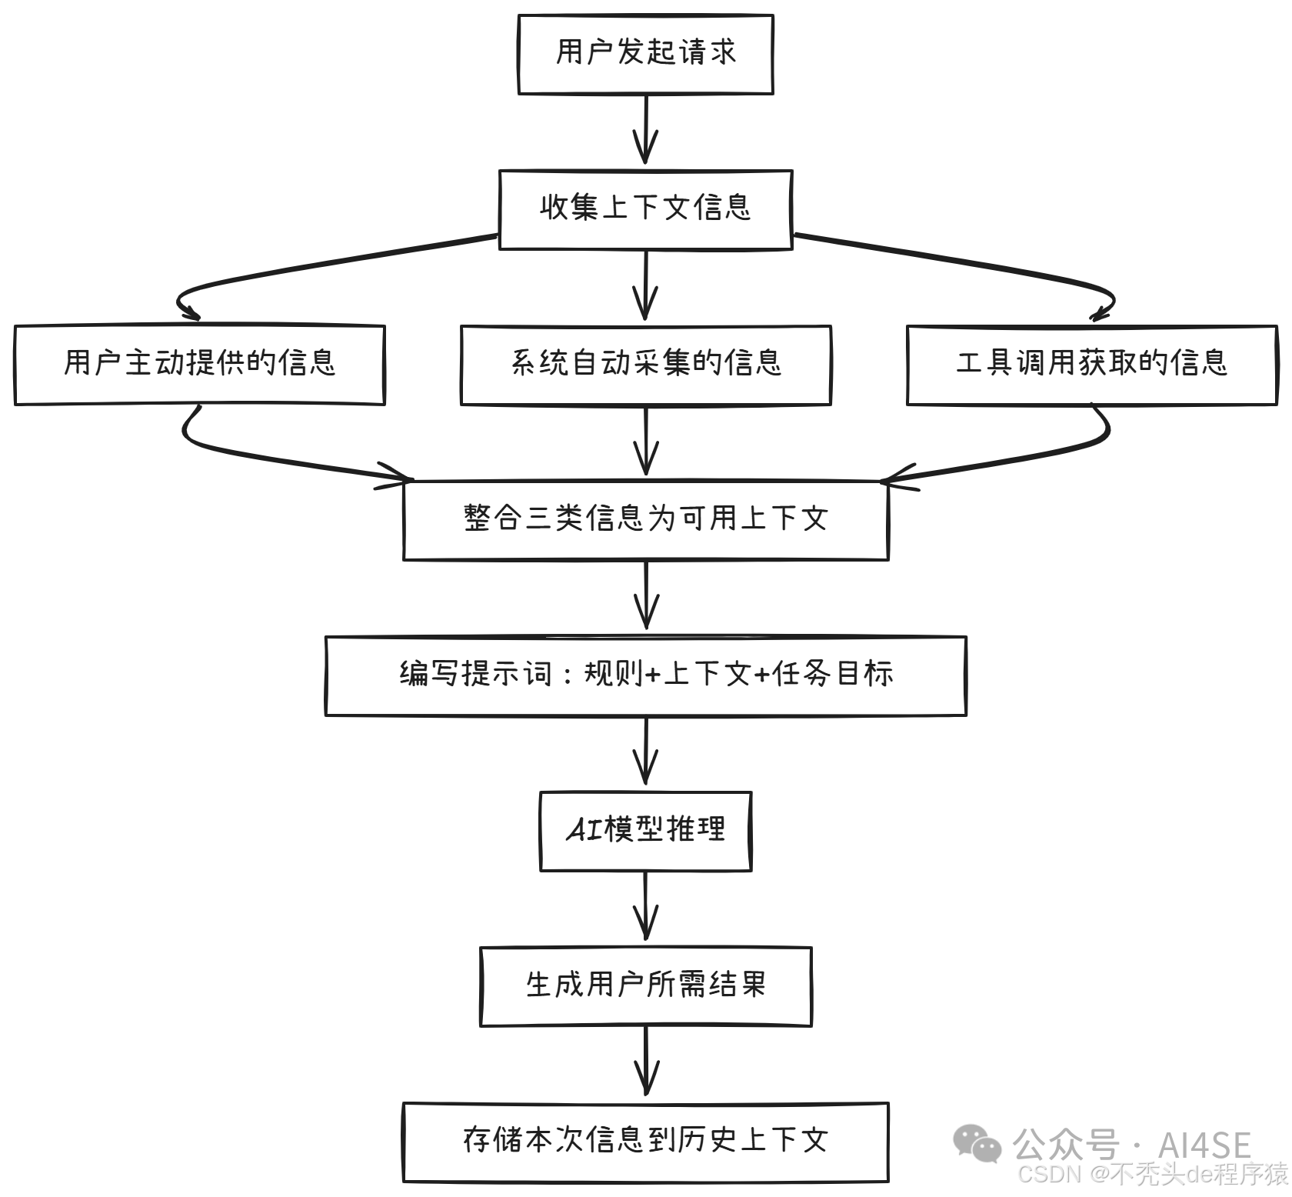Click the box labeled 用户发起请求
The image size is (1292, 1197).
[x=645, y=54]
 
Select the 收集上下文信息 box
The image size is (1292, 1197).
[x=645, y=209]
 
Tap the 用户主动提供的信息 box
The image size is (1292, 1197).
[x=199, y=365]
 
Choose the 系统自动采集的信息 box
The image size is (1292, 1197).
[x=645, y=365]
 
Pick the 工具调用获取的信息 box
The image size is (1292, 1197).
[x=1091, y=365]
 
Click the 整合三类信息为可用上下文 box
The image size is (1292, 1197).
[x=645, y=520]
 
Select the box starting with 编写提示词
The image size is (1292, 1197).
[x=645, y=675]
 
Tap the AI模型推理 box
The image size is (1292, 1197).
[x=645, y=831]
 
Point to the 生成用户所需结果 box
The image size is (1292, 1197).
[x=645, y=986]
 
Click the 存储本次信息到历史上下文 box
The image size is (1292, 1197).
[x=645, y=1142]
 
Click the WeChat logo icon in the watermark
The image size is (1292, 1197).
[x=977, y=1143]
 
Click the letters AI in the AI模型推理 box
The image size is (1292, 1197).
[x=584, y=831]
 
